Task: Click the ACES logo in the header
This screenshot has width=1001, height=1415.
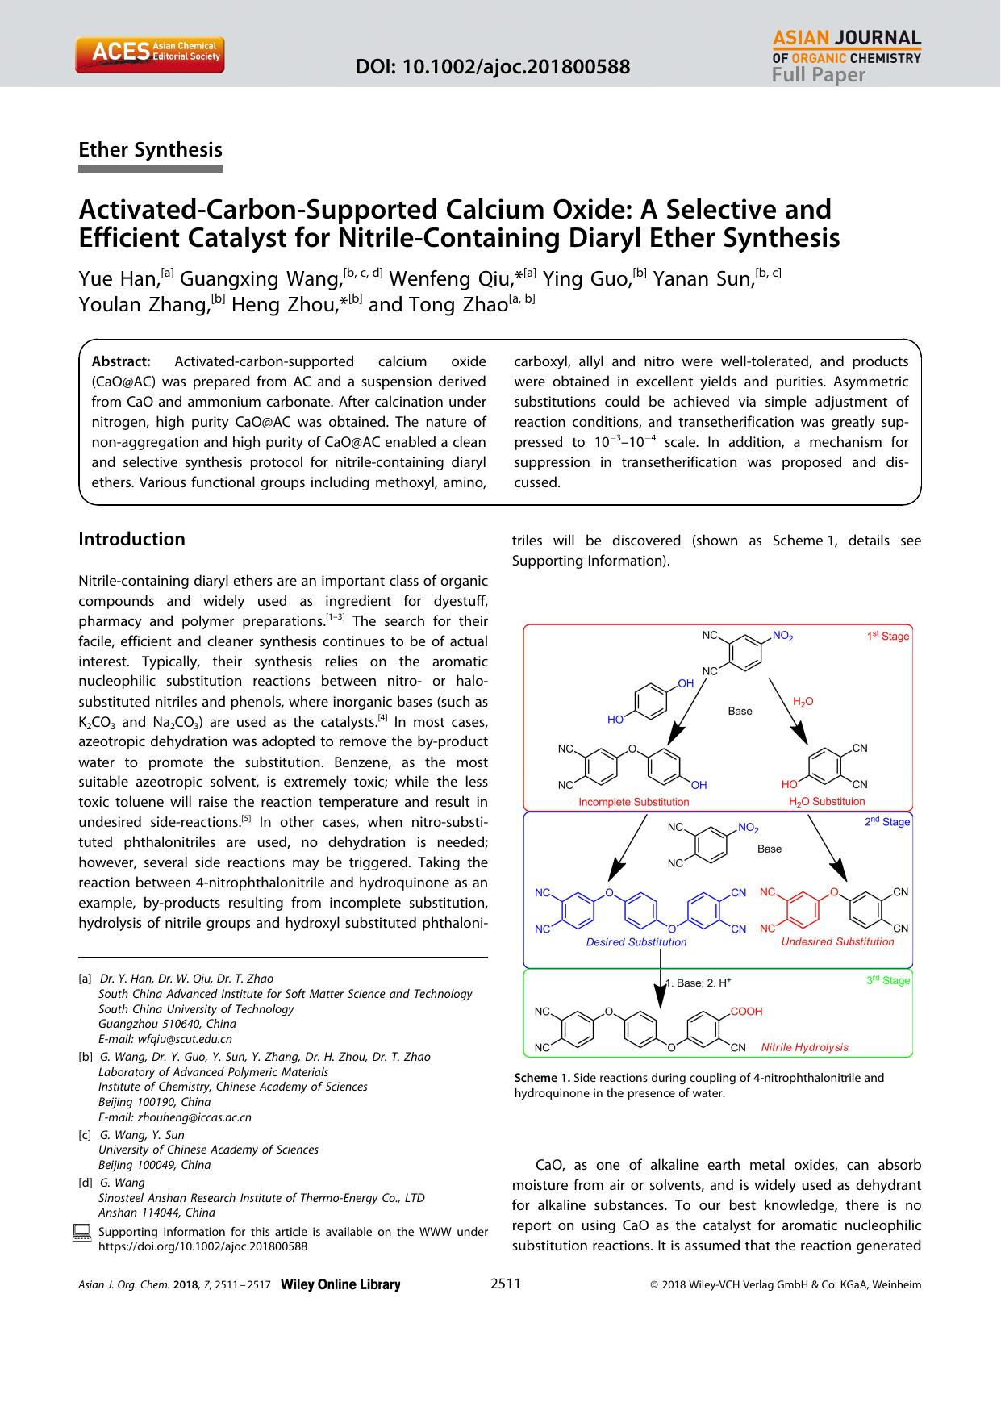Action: pos(149,53)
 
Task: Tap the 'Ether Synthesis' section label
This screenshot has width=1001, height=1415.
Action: pos(150,150)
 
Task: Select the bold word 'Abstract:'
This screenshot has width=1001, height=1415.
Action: pos(121,361)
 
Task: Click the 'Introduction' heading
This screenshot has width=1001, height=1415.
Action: pos(131,539)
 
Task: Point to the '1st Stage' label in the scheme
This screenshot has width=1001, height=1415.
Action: pos(887,636)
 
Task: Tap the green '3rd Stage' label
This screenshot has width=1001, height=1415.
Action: pos(887,980)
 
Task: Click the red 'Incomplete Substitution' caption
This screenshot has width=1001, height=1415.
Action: pos(633,802)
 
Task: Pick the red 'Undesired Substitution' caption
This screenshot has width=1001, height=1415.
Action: pos(837,941)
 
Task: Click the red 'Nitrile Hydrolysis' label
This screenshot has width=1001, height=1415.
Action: pos(804,1047)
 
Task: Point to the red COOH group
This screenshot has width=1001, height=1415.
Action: pos(746,1011)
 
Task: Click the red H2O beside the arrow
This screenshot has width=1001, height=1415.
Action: pos(803,702)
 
